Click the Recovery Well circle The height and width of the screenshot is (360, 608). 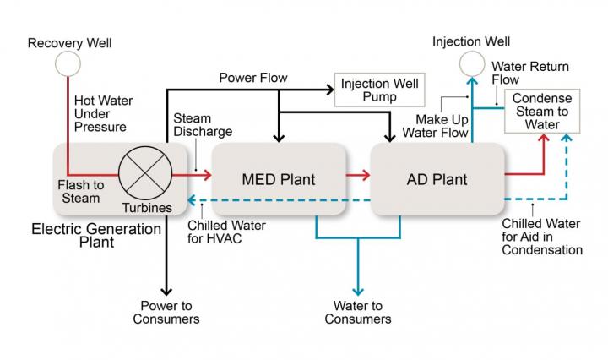tap(68, 63)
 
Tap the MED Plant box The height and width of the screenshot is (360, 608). tap(279, 179)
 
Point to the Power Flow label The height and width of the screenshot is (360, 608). tap(253, 78)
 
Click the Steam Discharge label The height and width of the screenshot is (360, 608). tap(203, 124)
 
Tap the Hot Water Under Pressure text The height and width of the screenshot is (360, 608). tap(100, 113)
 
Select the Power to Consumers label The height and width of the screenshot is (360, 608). tap(166, 312)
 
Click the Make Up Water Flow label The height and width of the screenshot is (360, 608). tap(435, 126)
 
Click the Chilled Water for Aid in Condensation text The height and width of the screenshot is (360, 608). tap(541, 237)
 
